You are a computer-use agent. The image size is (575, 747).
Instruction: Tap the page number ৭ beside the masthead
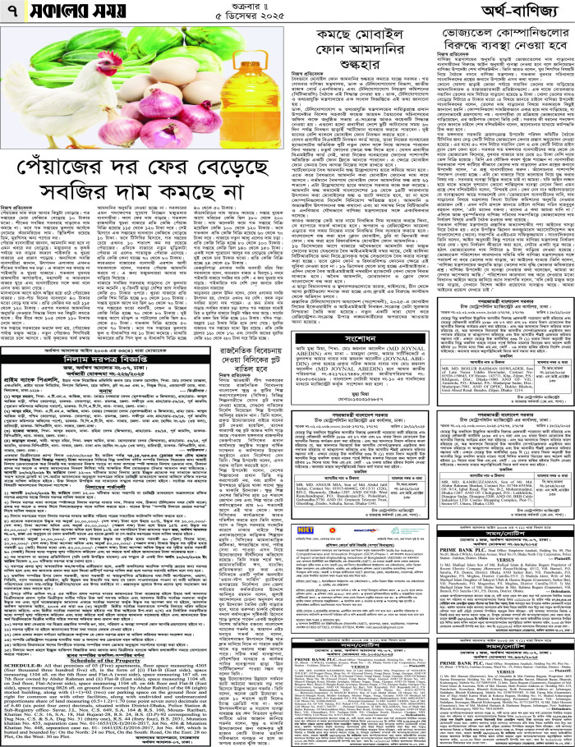[11, 12]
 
